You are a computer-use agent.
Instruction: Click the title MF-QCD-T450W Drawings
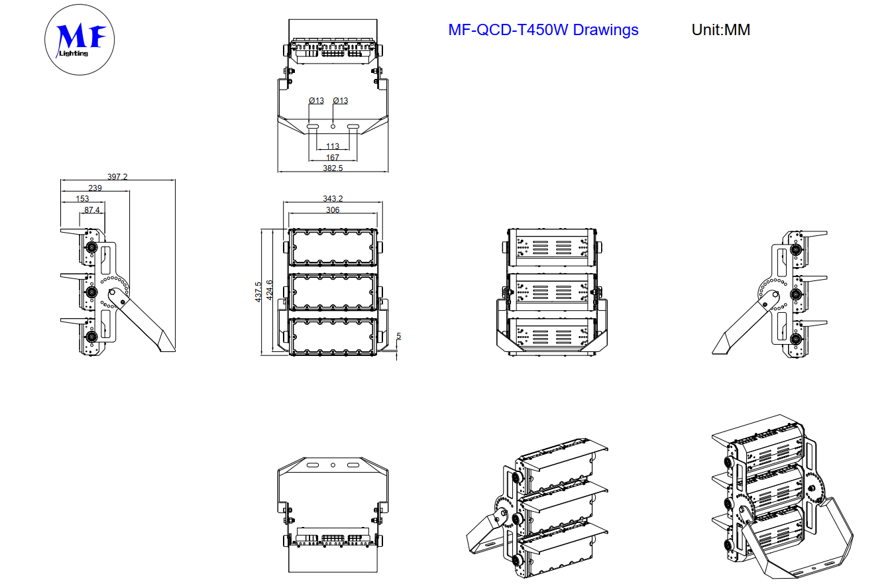pos(543,30)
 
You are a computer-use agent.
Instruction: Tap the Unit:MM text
pos(720,30)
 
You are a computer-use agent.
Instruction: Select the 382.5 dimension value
pos(332,168)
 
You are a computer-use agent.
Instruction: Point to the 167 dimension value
pos(333,158)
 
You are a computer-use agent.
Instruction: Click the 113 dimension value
pos(333,146)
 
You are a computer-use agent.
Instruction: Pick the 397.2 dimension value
pos(117,177)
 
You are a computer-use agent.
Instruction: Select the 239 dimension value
pos(95,188)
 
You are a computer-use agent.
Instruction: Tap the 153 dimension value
pos(82,199)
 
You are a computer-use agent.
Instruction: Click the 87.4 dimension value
pos(92,210)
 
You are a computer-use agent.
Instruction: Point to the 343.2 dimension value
pos(333,199)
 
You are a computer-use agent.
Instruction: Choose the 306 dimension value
pos(333,210)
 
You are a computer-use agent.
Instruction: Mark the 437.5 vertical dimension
pos(258,292)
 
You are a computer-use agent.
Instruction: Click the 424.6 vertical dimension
pos(269,290)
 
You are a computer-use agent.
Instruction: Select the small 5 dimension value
pos(398,336)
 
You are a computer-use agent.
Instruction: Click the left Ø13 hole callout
pos(316,101)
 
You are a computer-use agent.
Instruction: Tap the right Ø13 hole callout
pos(341,101)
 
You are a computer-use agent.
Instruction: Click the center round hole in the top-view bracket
pos(333,125)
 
